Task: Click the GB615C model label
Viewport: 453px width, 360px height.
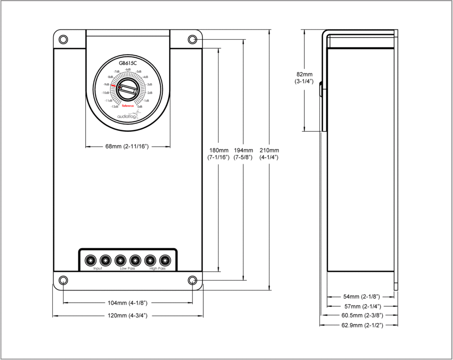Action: (128, 63)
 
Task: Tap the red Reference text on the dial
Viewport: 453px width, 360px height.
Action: (128, 106)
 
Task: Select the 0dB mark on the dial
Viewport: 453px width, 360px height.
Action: (140, 107)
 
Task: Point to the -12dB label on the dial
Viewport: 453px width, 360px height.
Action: (115, 107)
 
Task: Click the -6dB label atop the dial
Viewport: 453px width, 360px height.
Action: (128, 69)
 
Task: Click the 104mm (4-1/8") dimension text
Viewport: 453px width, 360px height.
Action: (127, 303)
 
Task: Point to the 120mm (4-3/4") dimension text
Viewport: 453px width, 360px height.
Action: (127, 316)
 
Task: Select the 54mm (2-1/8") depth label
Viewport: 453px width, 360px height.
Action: (359, 296)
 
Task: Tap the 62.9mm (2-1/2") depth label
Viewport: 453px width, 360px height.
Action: (359, 325)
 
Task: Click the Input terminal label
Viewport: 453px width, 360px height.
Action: (98, 268)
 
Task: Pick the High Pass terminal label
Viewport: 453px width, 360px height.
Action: (157, 268)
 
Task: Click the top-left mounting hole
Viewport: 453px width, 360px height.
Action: (63, 39)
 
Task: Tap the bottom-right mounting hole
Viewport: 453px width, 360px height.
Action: (192, 280)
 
